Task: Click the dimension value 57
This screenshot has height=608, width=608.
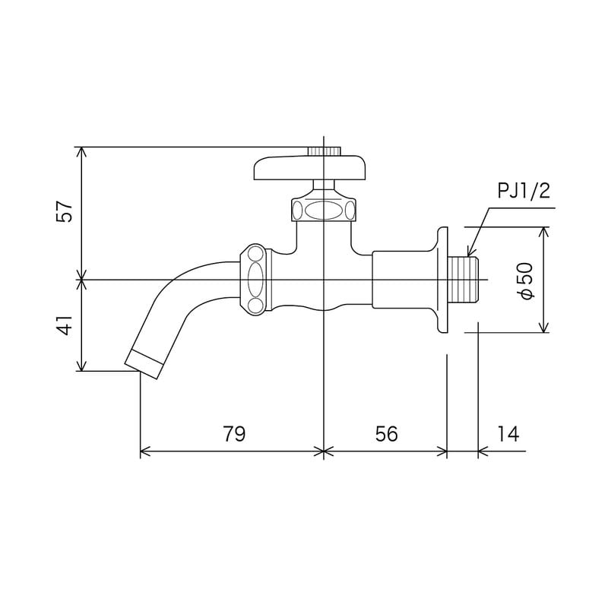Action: coord(67,212)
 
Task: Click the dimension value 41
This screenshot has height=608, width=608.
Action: coord(67,325)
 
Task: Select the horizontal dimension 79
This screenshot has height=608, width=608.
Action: coord(234,434)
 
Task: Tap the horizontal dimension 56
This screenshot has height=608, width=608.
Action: coord(387,434)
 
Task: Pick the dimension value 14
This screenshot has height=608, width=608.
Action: coord(508,434)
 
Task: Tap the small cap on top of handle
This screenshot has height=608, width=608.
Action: coord(325,150)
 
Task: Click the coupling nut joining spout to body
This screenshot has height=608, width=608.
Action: coord(255,279)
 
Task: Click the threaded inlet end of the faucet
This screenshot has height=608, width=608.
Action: coord(465,280)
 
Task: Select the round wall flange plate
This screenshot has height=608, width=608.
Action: coord(442,280)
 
